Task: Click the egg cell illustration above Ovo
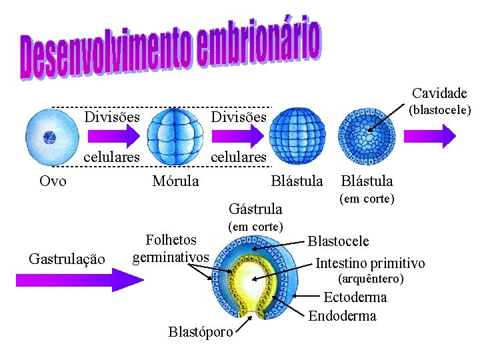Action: pos(50,138)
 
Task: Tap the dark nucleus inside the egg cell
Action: pos(49,138)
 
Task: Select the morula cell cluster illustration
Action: pos(175,139)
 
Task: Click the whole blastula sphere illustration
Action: pos(298,138)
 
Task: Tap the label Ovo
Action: pos(53,181)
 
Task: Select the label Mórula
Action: pos(175,181)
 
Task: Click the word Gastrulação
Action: pos(67,259)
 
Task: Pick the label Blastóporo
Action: pos(201,331)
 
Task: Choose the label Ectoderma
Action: pos(355,297)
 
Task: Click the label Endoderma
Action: pos(342,315)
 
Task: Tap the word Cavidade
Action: pos(439,93)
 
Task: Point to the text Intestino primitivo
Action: pos(370,262)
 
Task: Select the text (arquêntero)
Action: pos(371,278)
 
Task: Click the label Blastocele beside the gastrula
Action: pos(338,241)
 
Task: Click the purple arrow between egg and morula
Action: pos(113,137)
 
